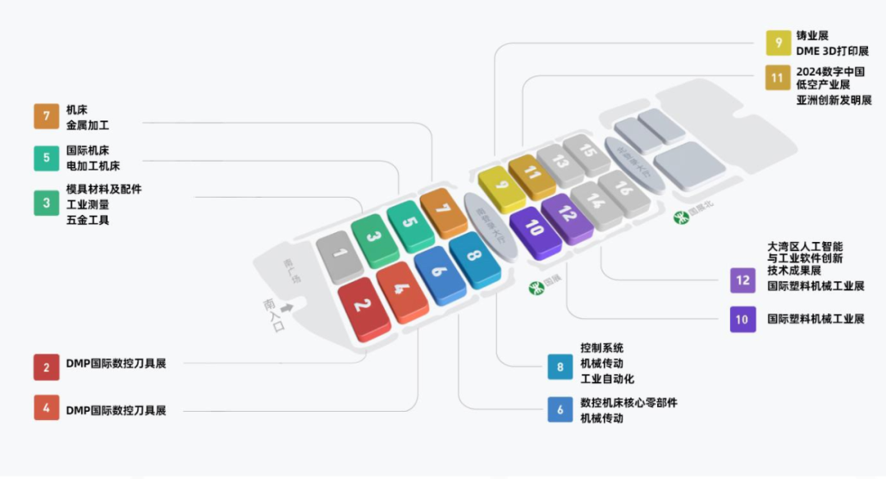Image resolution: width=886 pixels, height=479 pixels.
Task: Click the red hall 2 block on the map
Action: tap(363, 307)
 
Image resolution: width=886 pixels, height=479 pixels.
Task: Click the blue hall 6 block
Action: tap(441, 274)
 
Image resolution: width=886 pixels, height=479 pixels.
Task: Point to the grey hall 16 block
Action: tap(624, 190)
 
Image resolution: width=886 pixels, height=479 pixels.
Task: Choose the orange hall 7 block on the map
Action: tap(443, 210)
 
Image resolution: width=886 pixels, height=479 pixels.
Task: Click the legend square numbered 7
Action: tap(46, 116)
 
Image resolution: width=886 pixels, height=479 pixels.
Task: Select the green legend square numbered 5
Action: tap(46, 158)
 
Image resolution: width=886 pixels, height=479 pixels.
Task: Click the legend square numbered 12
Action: tap(742, 281)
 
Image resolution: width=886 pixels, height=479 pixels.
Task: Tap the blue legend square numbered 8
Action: tap(560, 367)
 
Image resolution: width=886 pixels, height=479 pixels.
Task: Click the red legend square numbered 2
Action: tap(46, 367)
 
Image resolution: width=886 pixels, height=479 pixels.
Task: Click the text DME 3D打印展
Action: tap(832, 51)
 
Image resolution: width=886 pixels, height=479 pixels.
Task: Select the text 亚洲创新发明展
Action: tap(833, 100)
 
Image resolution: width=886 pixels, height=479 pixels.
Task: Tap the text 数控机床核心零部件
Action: tap(628, 403)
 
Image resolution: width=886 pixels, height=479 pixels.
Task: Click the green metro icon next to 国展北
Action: tap(679, 217)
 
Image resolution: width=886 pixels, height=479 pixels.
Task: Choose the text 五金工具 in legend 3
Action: tap(88, 220)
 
